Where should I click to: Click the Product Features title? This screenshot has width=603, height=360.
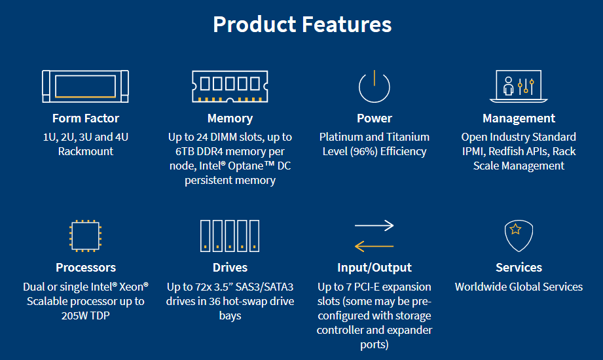302,25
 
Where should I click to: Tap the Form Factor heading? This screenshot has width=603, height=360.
86,118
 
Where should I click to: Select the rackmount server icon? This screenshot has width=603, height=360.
85,86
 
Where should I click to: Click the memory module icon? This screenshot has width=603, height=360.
230,86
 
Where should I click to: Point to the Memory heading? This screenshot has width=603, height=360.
230,118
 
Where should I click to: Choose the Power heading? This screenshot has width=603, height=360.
375,118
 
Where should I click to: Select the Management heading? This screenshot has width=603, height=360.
519,118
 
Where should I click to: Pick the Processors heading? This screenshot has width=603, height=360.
86,267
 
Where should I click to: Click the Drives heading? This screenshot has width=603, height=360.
230,267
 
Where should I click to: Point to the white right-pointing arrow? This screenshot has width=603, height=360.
375,225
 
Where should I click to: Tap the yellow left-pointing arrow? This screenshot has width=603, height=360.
375,246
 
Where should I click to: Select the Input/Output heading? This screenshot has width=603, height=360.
375,268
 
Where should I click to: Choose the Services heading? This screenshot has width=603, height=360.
519,267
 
